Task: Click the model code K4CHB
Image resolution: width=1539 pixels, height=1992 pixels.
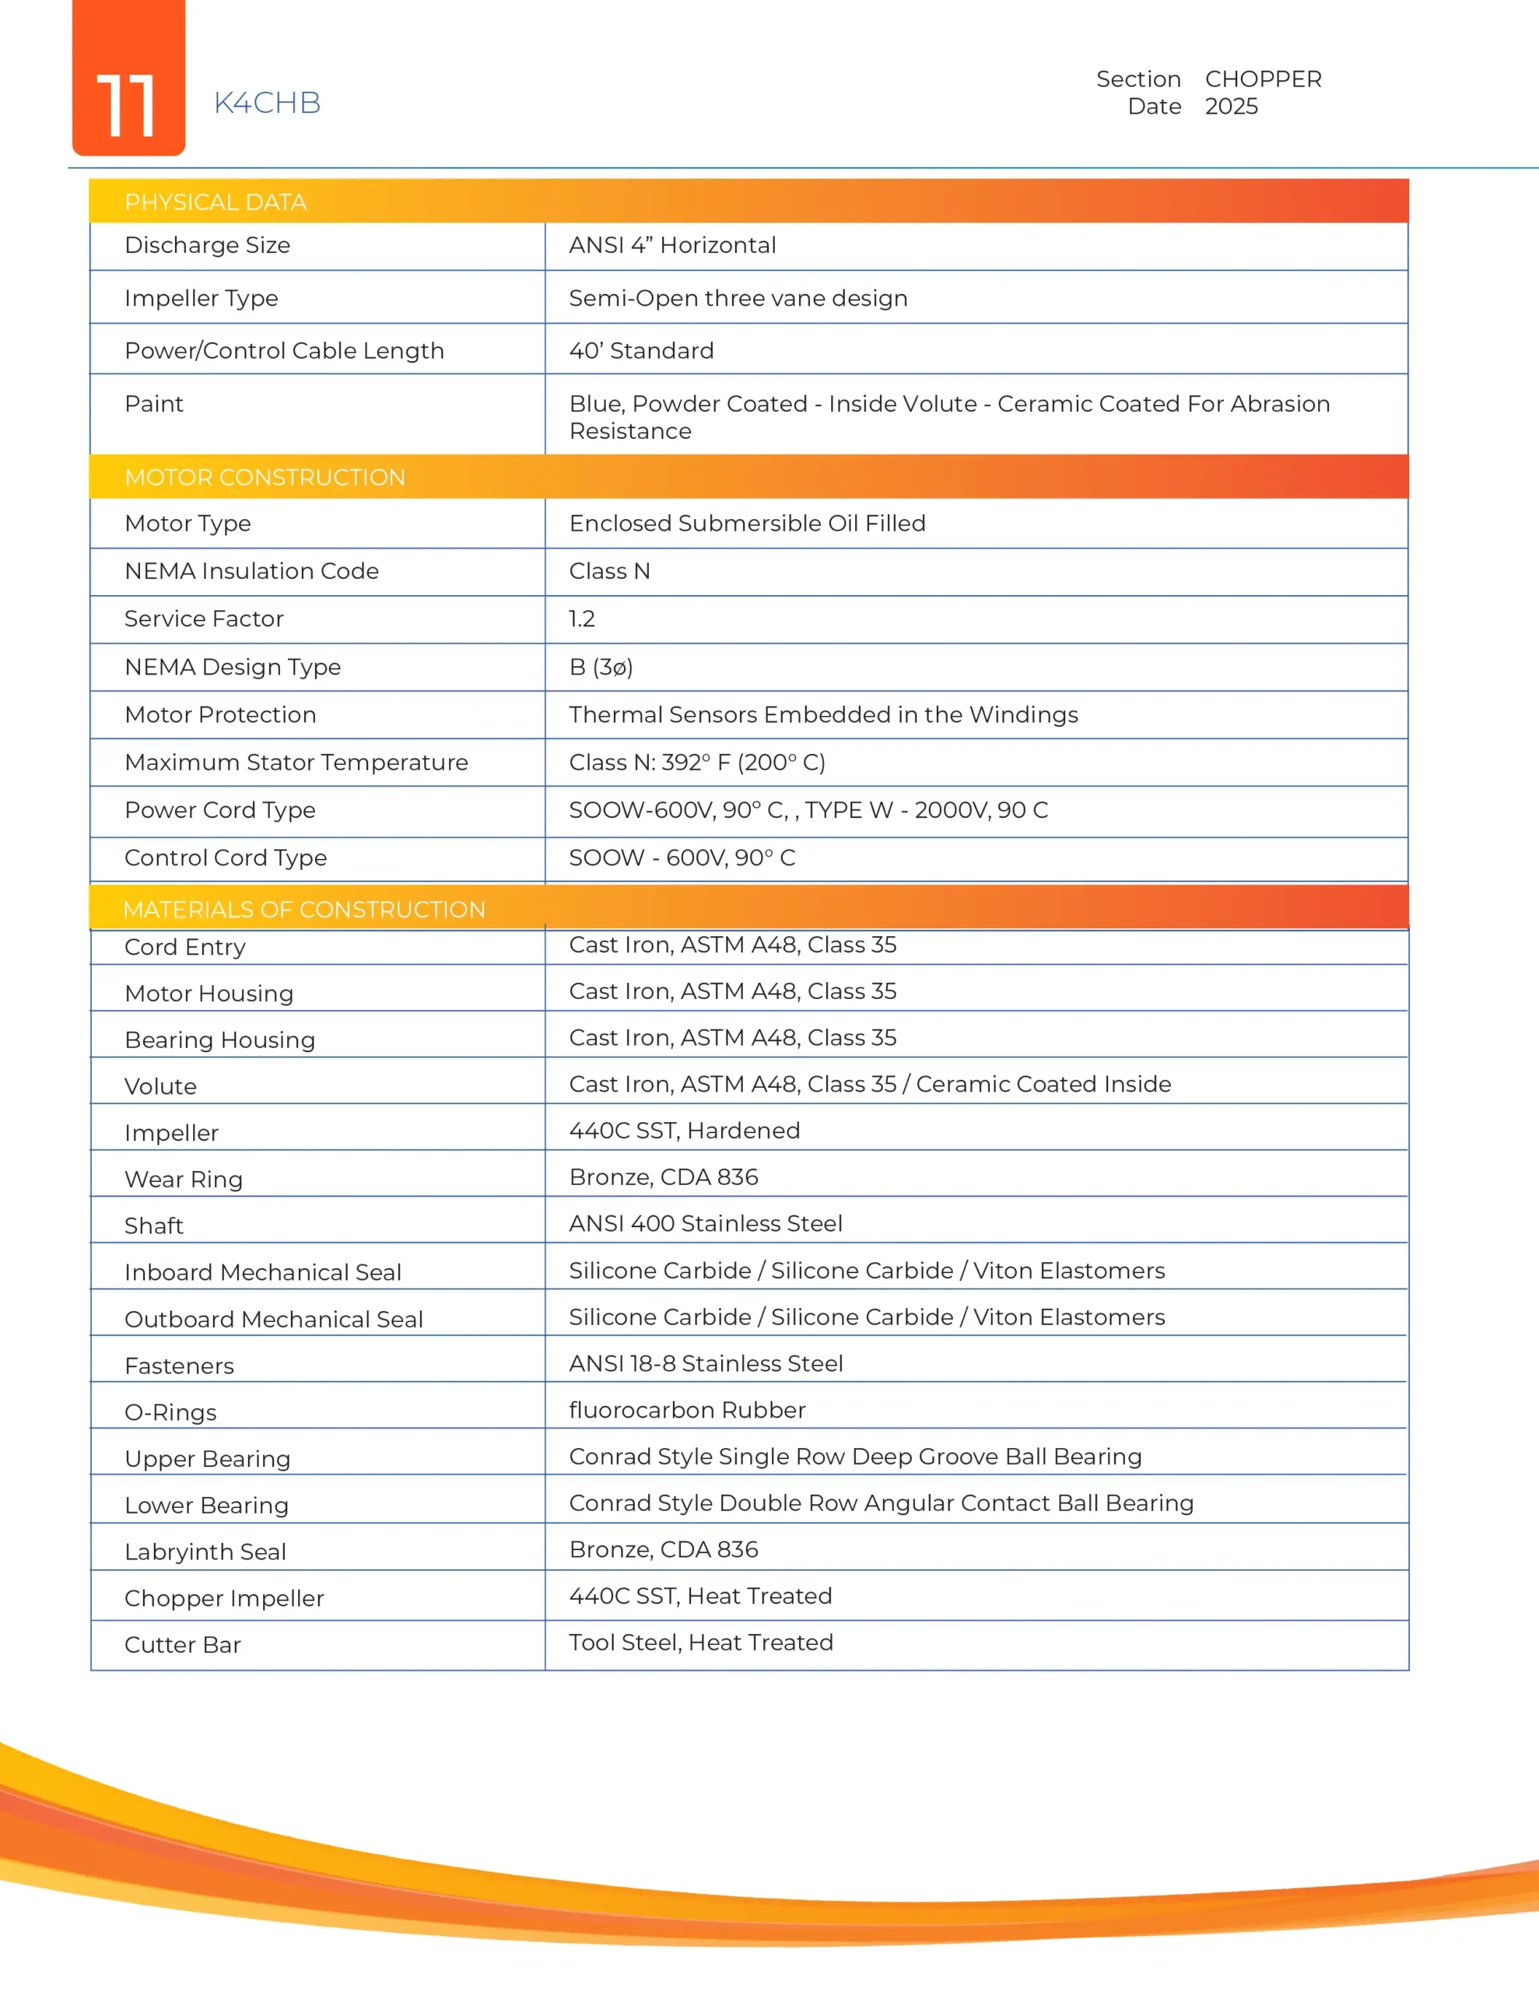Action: tap(268, 103)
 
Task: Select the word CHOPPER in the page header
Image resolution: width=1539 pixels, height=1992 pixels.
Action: tap(1263, 79)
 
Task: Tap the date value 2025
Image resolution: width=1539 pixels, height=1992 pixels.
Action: tap(1231, 107)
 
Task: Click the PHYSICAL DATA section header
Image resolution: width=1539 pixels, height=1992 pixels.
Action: tap(216, 202)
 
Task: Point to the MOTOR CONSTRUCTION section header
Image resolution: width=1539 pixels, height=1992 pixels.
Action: tap(265, 477)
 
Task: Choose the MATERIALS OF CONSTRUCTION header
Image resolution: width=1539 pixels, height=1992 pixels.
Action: tap(303, 910)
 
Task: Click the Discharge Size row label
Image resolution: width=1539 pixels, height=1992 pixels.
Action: tap(207, 245)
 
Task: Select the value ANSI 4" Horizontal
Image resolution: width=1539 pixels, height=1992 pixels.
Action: tap(672, 245)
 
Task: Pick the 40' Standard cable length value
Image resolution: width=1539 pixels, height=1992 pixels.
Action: tap(641, 351)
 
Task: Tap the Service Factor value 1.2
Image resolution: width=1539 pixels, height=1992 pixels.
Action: tap(582, 619)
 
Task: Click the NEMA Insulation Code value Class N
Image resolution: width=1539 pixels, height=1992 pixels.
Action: tap(609, 572)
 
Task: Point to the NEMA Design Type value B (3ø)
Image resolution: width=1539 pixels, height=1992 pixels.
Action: tap(601, 668)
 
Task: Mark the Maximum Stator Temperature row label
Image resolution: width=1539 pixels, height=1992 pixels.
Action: tap(296, 763)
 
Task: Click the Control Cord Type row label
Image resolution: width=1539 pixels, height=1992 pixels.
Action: tap(226, 858)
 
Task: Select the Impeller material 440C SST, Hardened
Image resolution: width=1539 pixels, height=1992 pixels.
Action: tap(684, 1131)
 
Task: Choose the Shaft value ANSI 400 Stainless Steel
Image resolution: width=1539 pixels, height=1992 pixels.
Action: tap(705, 1224)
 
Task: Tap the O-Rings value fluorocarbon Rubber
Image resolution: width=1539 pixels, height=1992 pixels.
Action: tap(687, 1410)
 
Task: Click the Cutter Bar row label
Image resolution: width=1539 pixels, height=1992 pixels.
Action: tap(182, 1646)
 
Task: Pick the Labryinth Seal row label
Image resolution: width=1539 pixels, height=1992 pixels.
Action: tap(205, 1552)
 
